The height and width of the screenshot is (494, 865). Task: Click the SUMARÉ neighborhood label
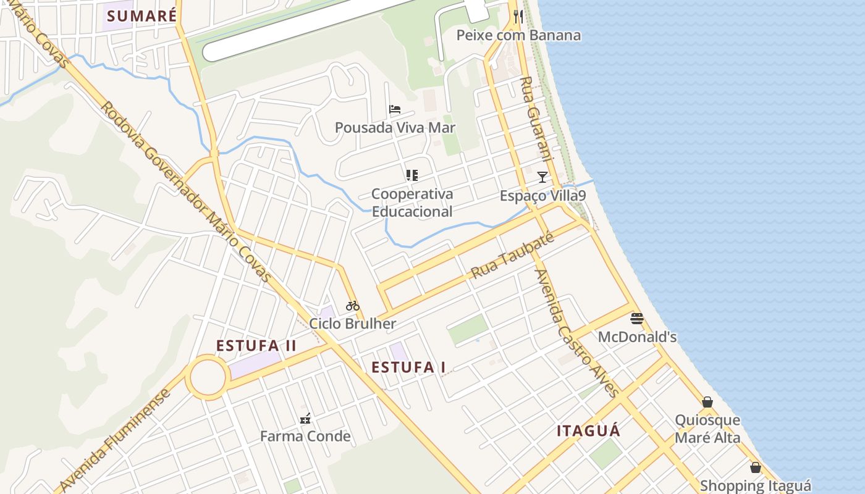coord(142,15)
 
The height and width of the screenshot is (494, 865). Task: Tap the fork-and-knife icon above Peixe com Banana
coord(518,17)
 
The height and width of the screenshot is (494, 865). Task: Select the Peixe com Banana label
coord(518,35)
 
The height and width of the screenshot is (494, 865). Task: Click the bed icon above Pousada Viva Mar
coord(395,109)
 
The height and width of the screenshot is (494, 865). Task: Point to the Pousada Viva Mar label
coord(395,128)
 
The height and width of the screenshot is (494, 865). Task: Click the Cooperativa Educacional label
coord(412,203)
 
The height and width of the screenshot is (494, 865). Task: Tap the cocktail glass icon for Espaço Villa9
coord(542,177)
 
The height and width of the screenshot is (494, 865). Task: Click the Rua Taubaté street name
coord(511,256)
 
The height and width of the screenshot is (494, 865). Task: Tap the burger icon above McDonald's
coord(637,319)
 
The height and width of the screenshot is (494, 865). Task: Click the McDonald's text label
coord(637,337)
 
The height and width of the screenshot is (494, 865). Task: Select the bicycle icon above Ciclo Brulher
coord(353,305)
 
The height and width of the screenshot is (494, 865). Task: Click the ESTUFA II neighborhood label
coord(256,346)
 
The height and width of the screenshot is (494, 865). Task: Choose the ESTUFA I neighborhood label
coord(408,367)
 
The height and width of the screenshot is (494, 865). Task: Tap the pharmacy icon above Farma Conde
coord(305,419)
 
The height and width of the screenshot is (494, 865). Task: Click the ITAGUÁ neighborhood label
coord(588,431)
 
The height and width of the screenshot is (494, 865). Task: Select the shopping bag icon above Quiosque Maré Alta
coord(707,402)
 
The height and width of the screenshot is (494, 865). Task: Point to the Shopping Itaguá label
coord(755,486)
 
